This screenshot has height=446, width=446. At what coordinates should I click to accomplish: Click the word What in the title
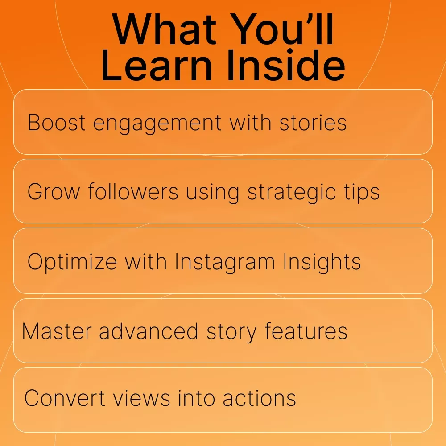164,29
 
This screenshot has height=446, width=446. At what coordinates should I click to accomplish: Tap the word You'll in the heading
282,29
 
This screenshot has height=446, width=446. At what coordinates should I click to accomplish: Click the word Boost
56,123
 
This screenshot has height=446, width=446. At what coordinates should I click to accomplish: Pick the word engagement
157,124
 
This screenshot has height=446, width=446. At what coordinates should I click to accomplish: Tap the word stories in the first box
313,123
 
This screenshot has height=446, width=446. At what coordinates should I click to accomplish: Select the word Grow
54,192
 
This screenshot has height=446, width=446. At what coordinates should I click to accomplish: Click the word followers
133,191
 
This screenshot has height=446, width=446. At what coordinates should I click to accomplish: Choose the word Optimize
72,262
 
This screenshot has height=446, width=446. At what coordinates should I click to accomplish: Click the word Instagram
225,262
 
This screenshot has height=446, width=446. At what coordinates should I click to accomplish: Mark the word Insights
322,262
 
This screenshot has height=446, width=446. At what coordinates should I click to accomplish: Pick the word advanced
149,331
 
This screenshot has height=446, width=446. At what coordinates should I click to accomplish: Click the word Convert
65,398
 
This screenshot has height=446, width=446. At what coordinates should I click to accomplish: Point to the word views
142,398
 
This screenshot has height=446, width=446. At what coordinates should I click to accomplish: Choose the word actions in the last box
260,398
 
